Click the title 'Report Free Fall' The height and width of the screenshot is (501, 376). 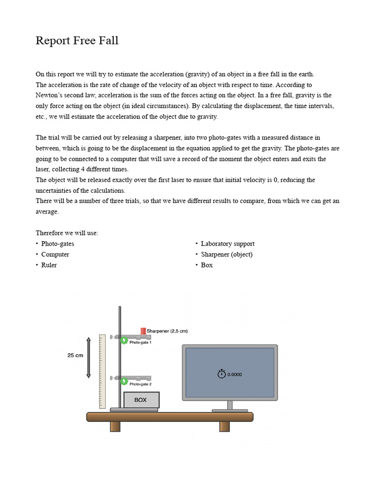77,41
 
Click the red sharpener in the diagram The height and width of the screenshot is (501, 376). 143,331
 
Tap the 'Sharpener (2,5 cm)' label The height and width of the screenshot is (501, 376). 167,331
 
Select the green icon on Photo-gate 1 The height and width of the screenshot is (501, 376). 124,340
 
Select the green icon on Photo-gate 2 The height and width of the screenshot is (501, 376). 124,381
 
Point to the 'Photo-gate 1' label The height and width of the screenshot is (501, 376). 141,343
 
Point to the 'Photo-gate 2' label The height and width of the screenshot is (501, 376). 141,385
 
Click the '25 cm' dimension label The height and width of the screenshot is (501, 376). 75,356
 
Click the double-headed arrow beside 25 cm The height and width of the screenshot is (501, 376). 89,357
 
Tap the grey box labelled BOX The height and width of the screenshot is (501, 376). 141,400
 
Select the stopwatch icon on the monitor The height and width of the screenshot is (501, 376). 221,374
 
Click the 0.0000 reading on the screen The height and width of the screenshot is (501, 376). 235,375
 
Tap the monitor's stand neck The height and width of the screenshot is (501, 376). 230,405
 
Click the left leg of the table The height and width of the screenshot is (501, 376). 115,426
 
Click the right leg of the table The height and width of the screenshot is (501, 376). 224,426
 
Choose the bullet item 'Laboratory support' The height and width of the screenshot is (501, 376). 227,244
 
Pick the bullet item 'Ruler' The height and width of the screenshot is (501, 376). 49,265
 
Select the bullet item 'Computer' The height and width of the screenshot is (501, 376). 55,254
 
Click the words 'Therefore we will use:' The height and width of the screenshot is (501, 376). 67,233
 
